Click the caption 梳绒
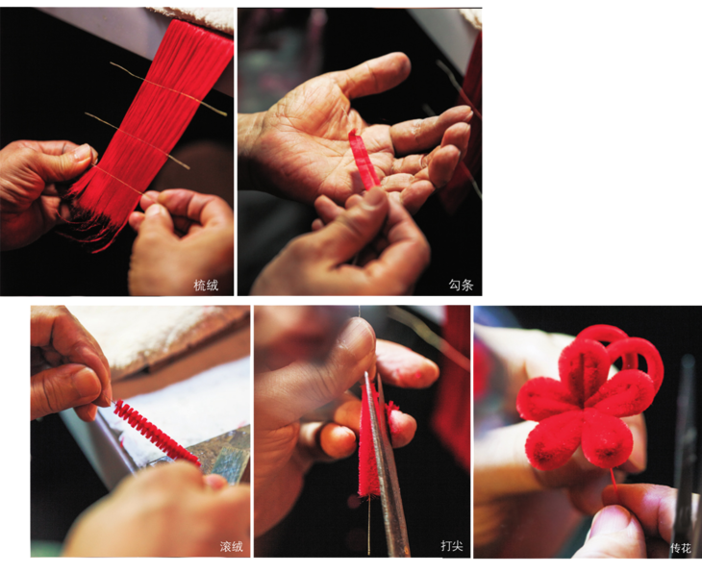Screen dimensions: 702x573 coord(206,286)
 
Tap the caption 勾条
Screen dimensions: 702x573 coord(462,285)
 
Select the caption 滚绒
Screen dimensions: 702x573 coord(231,546)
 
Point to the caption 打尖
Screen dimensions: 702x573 coord(451,546)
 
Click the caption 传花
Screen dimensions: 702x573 coord(681,547)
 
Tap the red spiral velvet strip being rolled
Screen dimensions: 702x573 coord(155,432)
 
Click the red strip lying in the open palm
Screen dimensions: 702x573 coord(364,159)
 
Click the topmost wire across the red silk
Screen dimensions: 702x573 coord(169,89)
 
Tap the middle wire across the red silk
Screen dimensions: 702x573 coord(137,140)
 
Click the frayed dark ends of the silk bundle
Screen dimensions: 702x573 coord(88,219)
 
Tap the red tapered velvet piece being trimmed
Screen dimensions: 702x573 coord(370,441)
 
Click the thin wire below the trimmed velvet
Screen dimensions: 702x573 coord(369,526)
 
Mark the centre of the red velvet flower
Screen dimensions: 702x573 coord(585,404)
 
